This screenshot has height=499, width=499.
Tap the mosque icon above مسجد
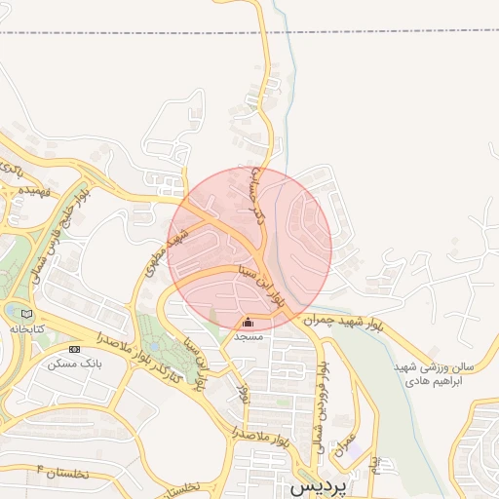248,323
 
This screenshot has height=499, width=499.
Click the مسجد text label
248,335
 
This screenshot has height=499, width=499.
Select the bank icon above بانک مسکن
74,349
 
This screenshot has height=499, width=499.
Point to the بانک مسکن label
74,363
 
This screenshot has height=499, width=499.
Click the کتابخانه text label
28,329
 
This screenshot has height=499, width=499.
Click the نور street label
245,392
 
